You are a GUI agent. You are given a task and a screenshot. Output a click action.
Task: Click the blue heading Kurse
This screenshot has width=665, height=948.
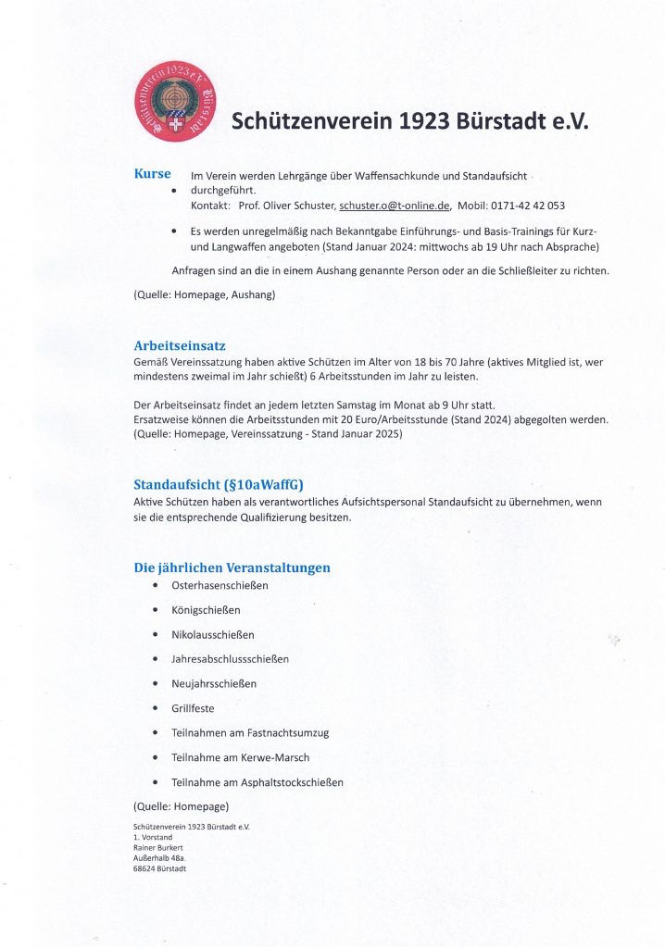tap(152, 174)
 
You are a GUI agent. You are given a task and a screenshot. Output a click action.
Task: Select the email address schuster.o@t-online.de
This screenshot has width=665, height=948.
tap(395, 205)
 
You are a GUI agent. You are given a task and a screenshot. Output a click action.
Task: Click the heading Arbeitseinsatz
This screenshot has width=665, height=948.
tap(180, 346)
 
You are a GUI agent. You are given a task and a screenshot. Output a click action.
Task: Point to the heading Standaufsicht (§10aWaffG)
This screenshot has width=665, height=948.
tap(219, 484)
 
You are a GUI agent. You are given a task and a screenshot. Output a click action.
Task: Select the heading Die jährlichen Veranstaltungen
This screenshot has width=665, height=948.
tap(232, 568)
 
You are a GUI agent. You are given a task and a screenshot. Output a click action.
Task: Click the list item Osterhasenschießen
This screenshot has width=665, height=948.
tap(220, 586)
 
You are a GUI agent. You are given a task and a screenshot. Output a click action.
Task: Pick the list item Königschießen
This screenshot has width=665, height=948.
tap(206, 610)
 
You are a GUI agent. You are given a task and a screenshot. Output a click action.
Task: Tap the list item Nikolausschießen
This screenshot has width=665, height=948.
tap(213, 635)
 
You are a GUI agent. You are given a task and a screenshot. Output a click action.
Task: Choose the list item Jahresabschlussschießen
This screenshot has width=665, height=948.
tap(231, 659)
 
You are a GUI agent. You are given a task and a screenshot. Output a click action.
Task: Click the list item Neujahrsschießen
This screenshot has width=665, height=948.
tap(214, 684)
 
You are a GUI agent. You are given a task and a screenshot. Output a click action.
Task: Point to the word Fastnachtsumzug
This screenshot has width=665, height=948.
tap(288, 733)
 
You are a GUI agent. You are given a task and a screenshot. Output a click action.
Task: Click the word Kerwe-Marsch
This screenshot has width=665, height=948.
tap(279, 757)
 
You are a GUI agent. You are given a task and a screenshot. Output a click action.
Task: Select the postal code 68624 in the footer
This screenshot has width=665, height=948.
tap(144, 868)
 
